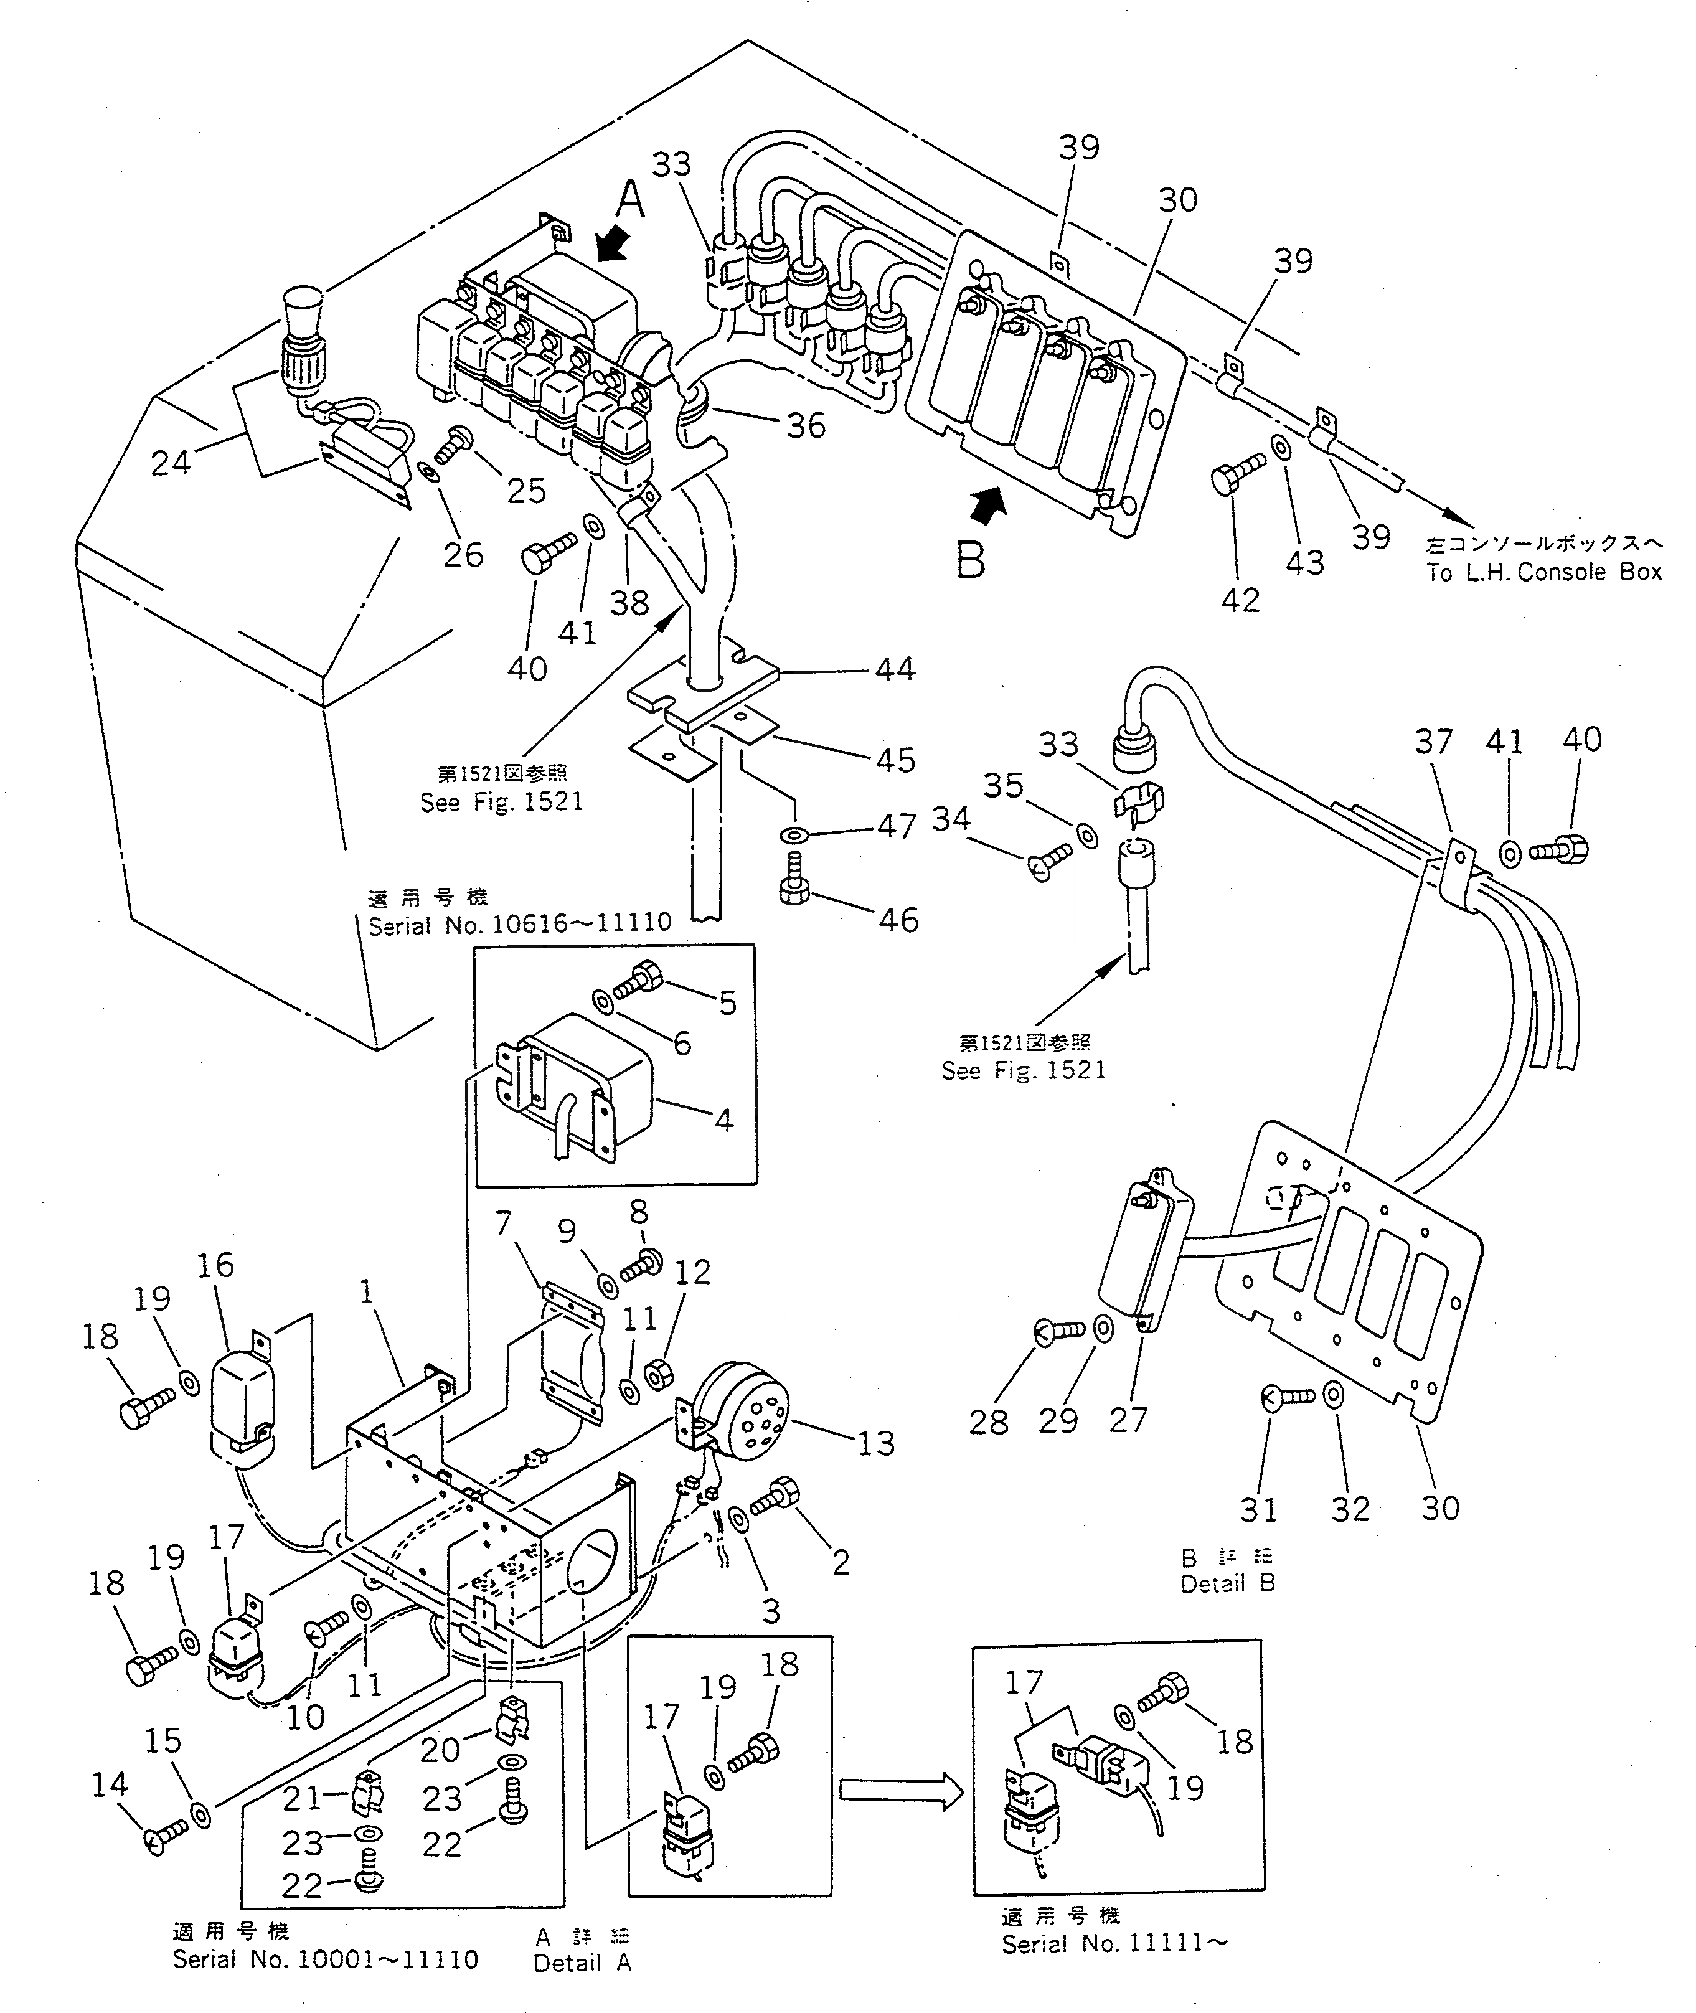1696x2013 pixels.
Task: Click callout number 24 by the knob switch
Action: (171, 463)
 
